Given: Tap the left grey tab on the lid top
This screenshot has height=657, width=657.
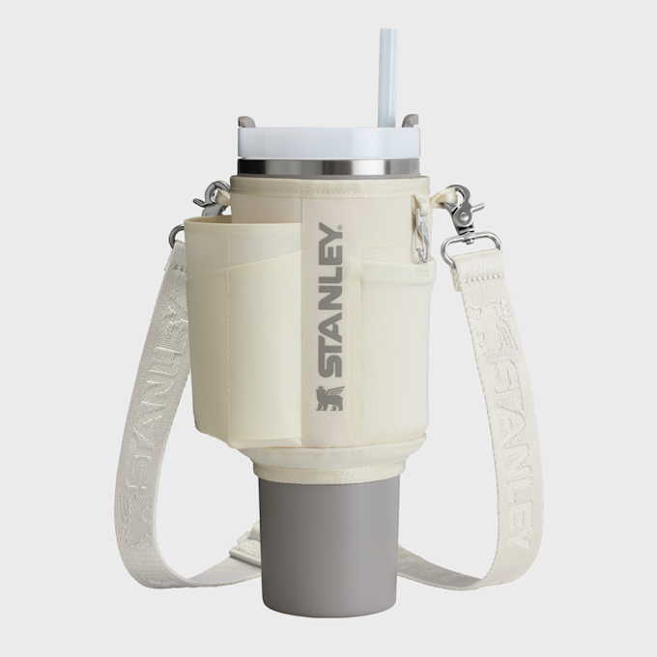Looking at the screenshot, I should [x=246, y=123].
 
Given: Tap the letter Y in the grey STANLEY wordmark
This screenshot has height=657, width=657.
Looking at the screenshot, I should [x=329, y=237].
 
